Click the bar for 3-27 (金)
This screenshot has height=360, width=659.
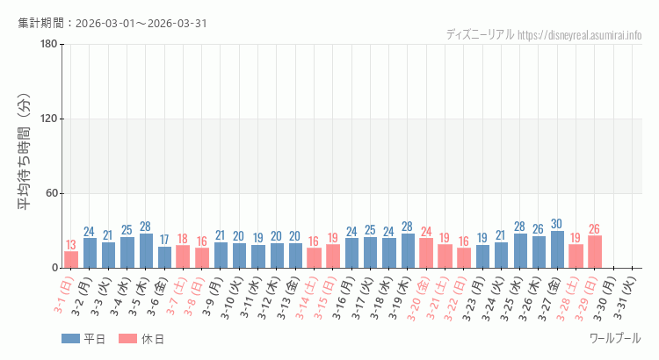(x=558, y=249)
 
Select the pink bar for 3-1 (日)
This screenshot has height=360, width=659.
(x=71, y=260)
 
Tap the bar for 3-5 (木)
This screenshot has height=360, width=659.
(x=146, y=251)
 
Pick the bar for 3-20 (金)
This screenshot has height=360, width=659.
(x=426, y=253)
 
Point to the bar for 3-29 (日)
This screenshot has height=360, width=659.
(x=595, y=252)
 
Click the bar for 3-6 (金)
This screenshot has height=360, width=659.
(x=164, y=257)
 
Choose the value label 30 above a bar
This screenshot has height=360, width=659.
(x=558, y=224)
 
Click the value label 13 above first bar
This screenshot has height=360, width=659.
(x=71, y=245)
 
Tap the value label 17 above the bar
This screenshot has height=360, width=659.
(x=164, y=240)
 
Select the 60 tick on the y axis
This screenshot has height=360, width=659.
(x=52, y=193)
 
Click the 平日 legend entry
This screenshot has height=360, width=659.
(x=83, y=339)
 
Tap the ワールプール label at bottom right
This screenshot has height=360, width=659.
(x=615, y=338)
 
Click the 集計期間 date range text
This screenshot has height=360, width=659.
(x=112, y=23)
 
